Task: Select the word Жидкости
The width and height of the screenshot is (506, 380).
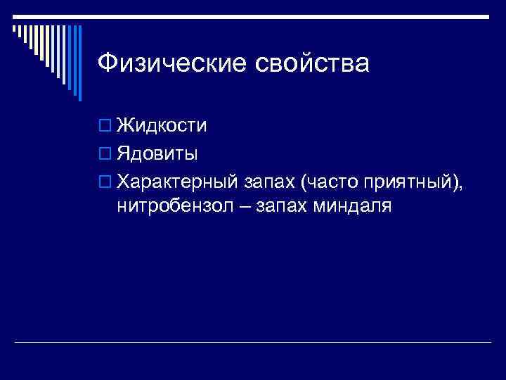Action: pos(162,125)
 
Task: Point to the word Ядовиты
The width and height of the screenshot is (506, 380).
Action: pos(157,153)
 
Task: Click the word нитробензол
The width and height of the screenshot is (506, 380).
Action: pos(169,207)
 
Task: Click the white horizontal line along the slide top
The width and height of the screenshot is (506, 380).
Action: pos(281,15)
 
